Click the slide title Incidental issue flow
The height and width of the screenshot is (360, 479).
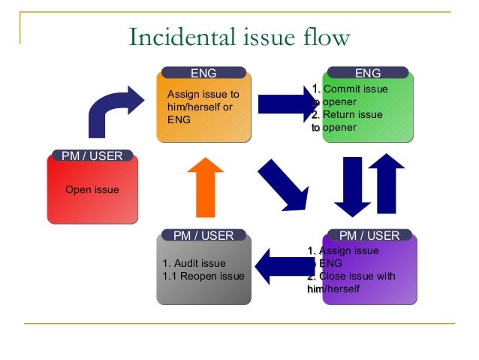[239, 37]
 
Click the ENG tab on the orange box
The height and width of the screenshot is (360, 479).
[203, 73]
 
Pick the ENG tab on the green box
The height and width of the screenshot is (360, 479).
[368, 73]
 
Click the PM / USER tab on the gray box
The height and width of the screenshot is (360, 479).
[203, 235]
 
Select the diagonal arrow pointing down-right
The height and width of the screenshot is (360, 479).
[284, 185]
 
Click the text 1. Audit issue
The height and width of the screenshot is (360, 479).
[194, 264]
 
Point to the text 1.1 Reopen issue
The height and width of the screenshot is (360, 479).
[203, 276]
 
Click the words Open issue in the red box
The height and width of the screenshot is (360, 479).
[92, 190]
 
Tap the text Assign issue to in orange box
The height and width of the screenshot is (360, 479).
[203, 95]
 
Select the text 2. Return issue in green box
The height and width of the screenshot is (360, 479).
[348, 115]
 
